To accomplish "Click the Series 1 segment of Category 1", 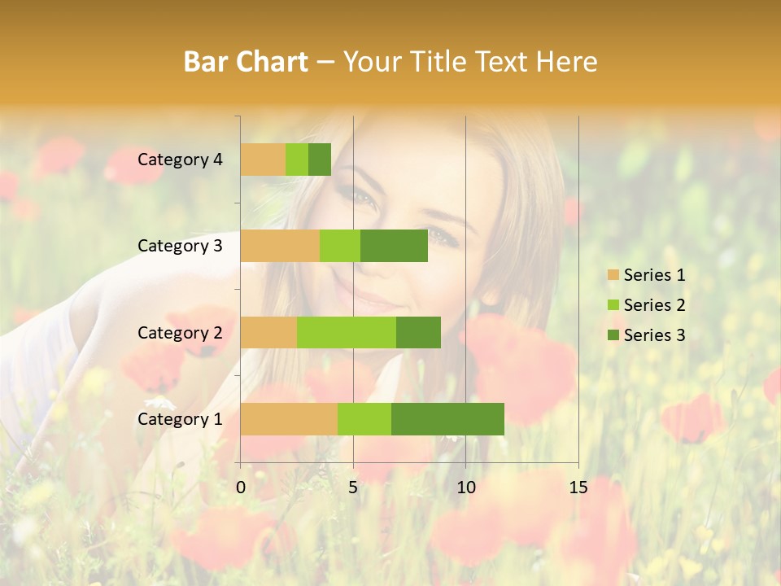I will [289, 419].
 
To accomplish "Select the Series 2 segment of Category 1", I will [364, 419].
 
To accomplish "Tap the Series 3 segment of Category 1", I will [447, 419].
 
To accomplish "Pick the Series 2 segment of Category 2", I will [347, 332].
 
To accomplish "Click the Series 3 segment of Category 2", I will [418, 332].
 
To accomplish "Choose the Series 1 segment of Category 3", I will [280, 246].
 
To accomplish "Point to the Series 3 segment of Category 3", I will [394, 246].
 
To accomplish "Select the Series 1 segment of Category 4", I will [263, 160].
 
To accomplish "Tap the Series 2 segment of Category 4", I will [297, 160].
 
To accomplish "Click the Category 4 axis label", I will [180, 160].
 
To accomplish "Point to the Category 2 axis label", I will [180, 332].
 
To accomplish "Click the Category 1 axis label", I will [180, 419].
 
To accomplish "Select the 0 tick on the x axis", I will [241, 488].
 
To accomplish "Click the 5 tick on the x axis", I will [353, 488].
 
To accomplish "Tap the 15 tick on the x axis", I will [578, 488].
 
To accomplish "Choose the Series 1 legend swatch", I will [613, 275].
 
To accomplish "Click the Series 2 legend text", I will [654, 305].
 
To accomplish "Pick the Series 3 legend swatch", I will [613, 335].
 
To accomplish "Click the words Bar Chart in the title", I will [246, 62].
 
